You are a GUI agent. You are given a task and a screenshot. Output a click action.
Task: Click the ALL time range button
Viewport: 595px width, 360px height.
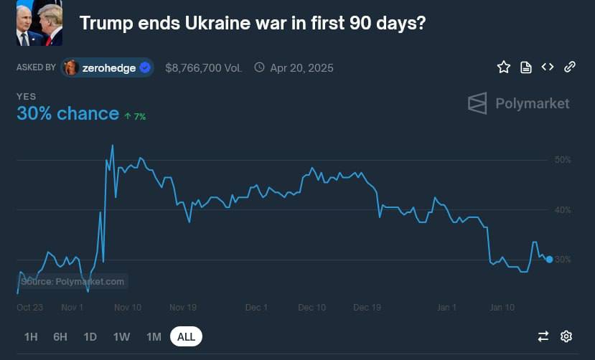pos(186,336)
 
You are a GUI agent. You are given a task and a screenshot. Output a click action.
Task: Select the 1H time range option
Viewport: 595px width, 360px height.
pos(31,336)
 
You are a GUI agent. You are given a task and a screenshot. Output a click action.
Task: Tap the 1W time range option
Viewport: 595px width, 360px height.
pos(121,336)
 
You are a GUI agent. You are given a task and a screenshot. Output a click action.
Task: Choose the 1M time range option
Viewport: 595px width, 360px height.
pos(154,336)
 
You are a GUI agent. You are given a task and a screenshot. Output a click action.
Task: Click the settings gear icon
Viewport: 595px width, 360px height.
pos(566,336)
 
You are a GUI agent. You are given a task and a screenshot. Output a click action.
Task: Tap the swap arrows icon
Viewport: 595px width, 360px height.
pos(543,336)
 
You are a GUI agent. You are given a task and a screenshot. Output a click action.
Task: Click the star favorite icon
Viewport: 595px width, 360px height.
pos(504,67)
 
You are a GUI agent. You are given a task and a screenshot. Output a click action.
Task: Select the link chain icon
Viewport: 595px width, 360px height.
pos(570,67)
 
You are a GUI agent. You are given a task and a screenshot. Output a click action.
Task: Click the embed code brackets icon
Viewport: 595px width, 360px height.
pos(548,67)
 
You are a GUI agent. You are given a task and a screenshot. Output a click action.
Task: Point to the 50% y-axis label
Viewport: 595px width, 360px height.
pos(563,159)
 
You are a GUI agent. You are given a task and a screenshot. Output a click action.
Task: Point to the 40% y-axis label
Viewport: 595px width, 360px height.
pos(563,209)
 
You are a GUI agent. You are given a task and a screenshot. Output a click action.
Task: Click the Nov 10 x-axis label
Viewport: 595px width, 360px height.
pos(128,307)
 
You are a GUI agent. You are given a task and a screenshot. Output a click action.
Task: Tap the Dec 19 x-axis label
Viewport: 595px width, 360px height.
pos(367,307)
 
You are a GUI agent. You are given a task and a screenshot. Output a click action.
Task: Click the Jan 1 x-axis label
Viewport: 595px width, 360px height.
pos(446,307)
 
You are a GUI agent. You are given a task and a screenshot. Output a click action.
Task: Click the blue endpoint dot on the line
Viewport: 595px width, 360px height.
pos(549,260)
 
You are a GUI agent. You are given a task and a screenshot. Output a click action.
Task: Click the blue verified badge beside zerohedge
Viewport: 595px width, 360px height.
pos(145,68)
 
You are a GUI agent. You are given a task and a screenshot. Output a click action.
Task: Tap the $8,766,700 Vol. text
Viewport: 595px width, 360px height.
pos(203,68)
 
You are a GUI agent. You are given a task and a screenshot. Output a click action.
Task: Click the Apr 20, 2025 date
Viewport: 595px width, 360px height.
pos(301,68)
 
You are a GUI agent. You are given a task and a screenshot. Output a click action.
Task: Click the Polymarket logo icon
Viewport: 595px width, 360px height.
pos(477,103)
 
